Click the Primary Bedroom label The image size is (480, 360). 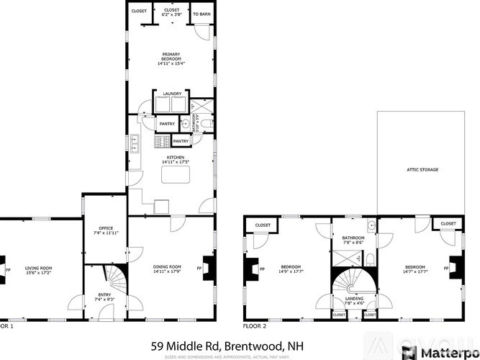coord(171,58)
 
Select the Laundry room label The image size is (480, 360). coord(171,94)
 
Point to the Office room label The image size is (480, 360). coord(105,231)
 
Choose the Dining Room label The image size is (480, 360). coord(166,269)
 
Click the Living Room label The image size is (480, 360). coord(39,269)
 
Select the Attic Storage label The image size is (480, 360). coord(422,170)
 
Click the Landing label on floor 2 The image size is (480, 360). coord(353,300)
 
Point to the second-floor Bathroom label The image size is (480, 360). coord(353,240)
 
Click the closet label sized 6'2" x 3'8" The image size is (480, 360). coord(172,12)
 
